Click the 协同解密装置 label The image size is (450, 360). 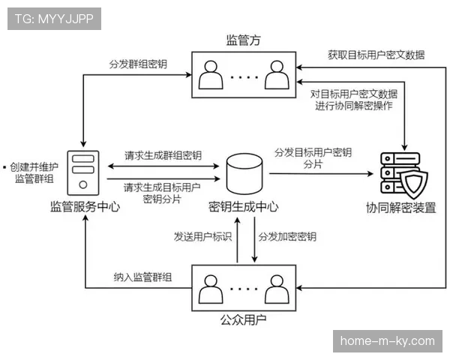click(x=401, y=208)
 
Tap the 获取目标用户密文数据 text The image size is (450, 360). click(x=376, y=55)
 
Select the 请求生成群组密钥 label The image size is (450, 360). click(x=163, y=155)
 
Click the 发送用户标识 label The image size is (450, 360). click(x=202, y=237)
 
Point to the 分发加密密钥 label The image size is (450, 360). click(x=287, y=237)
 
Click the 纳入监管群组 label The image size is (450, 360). click(x=142, y=277)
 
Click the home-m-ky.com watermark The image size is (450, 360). click(x=387, y=341)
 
